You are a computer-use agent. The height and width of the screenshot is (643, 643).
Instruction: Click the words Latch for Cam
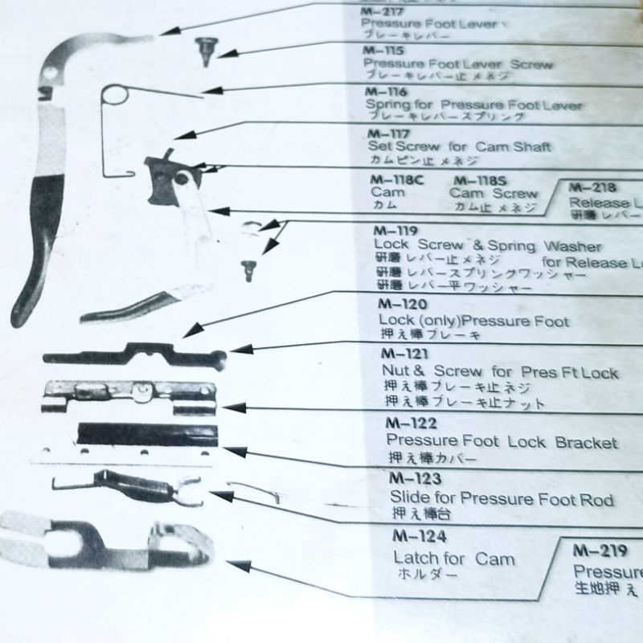[x=454, y=559]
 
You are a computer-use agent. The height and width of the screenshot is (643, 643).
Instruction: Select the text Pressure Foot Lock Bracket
[x=502, y=443]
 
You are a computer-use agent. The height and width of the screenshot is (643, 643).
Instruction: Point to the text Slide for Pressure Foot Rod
[x=501, y=500]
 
